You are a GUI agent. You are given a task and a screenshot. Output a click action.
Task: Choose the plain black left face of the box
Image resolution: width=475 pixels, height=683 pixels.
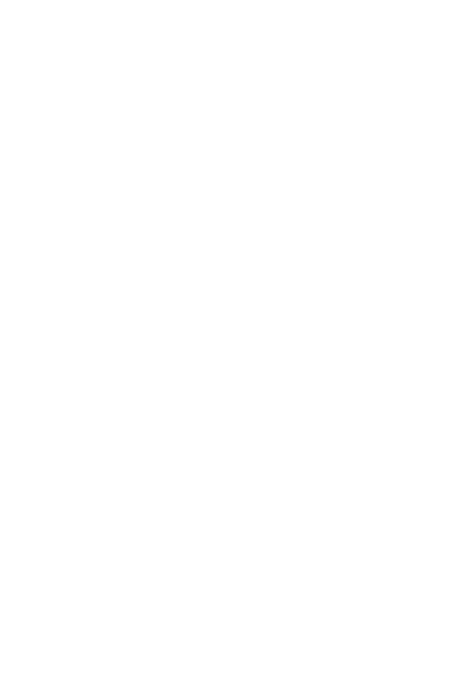pos(175,551)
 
